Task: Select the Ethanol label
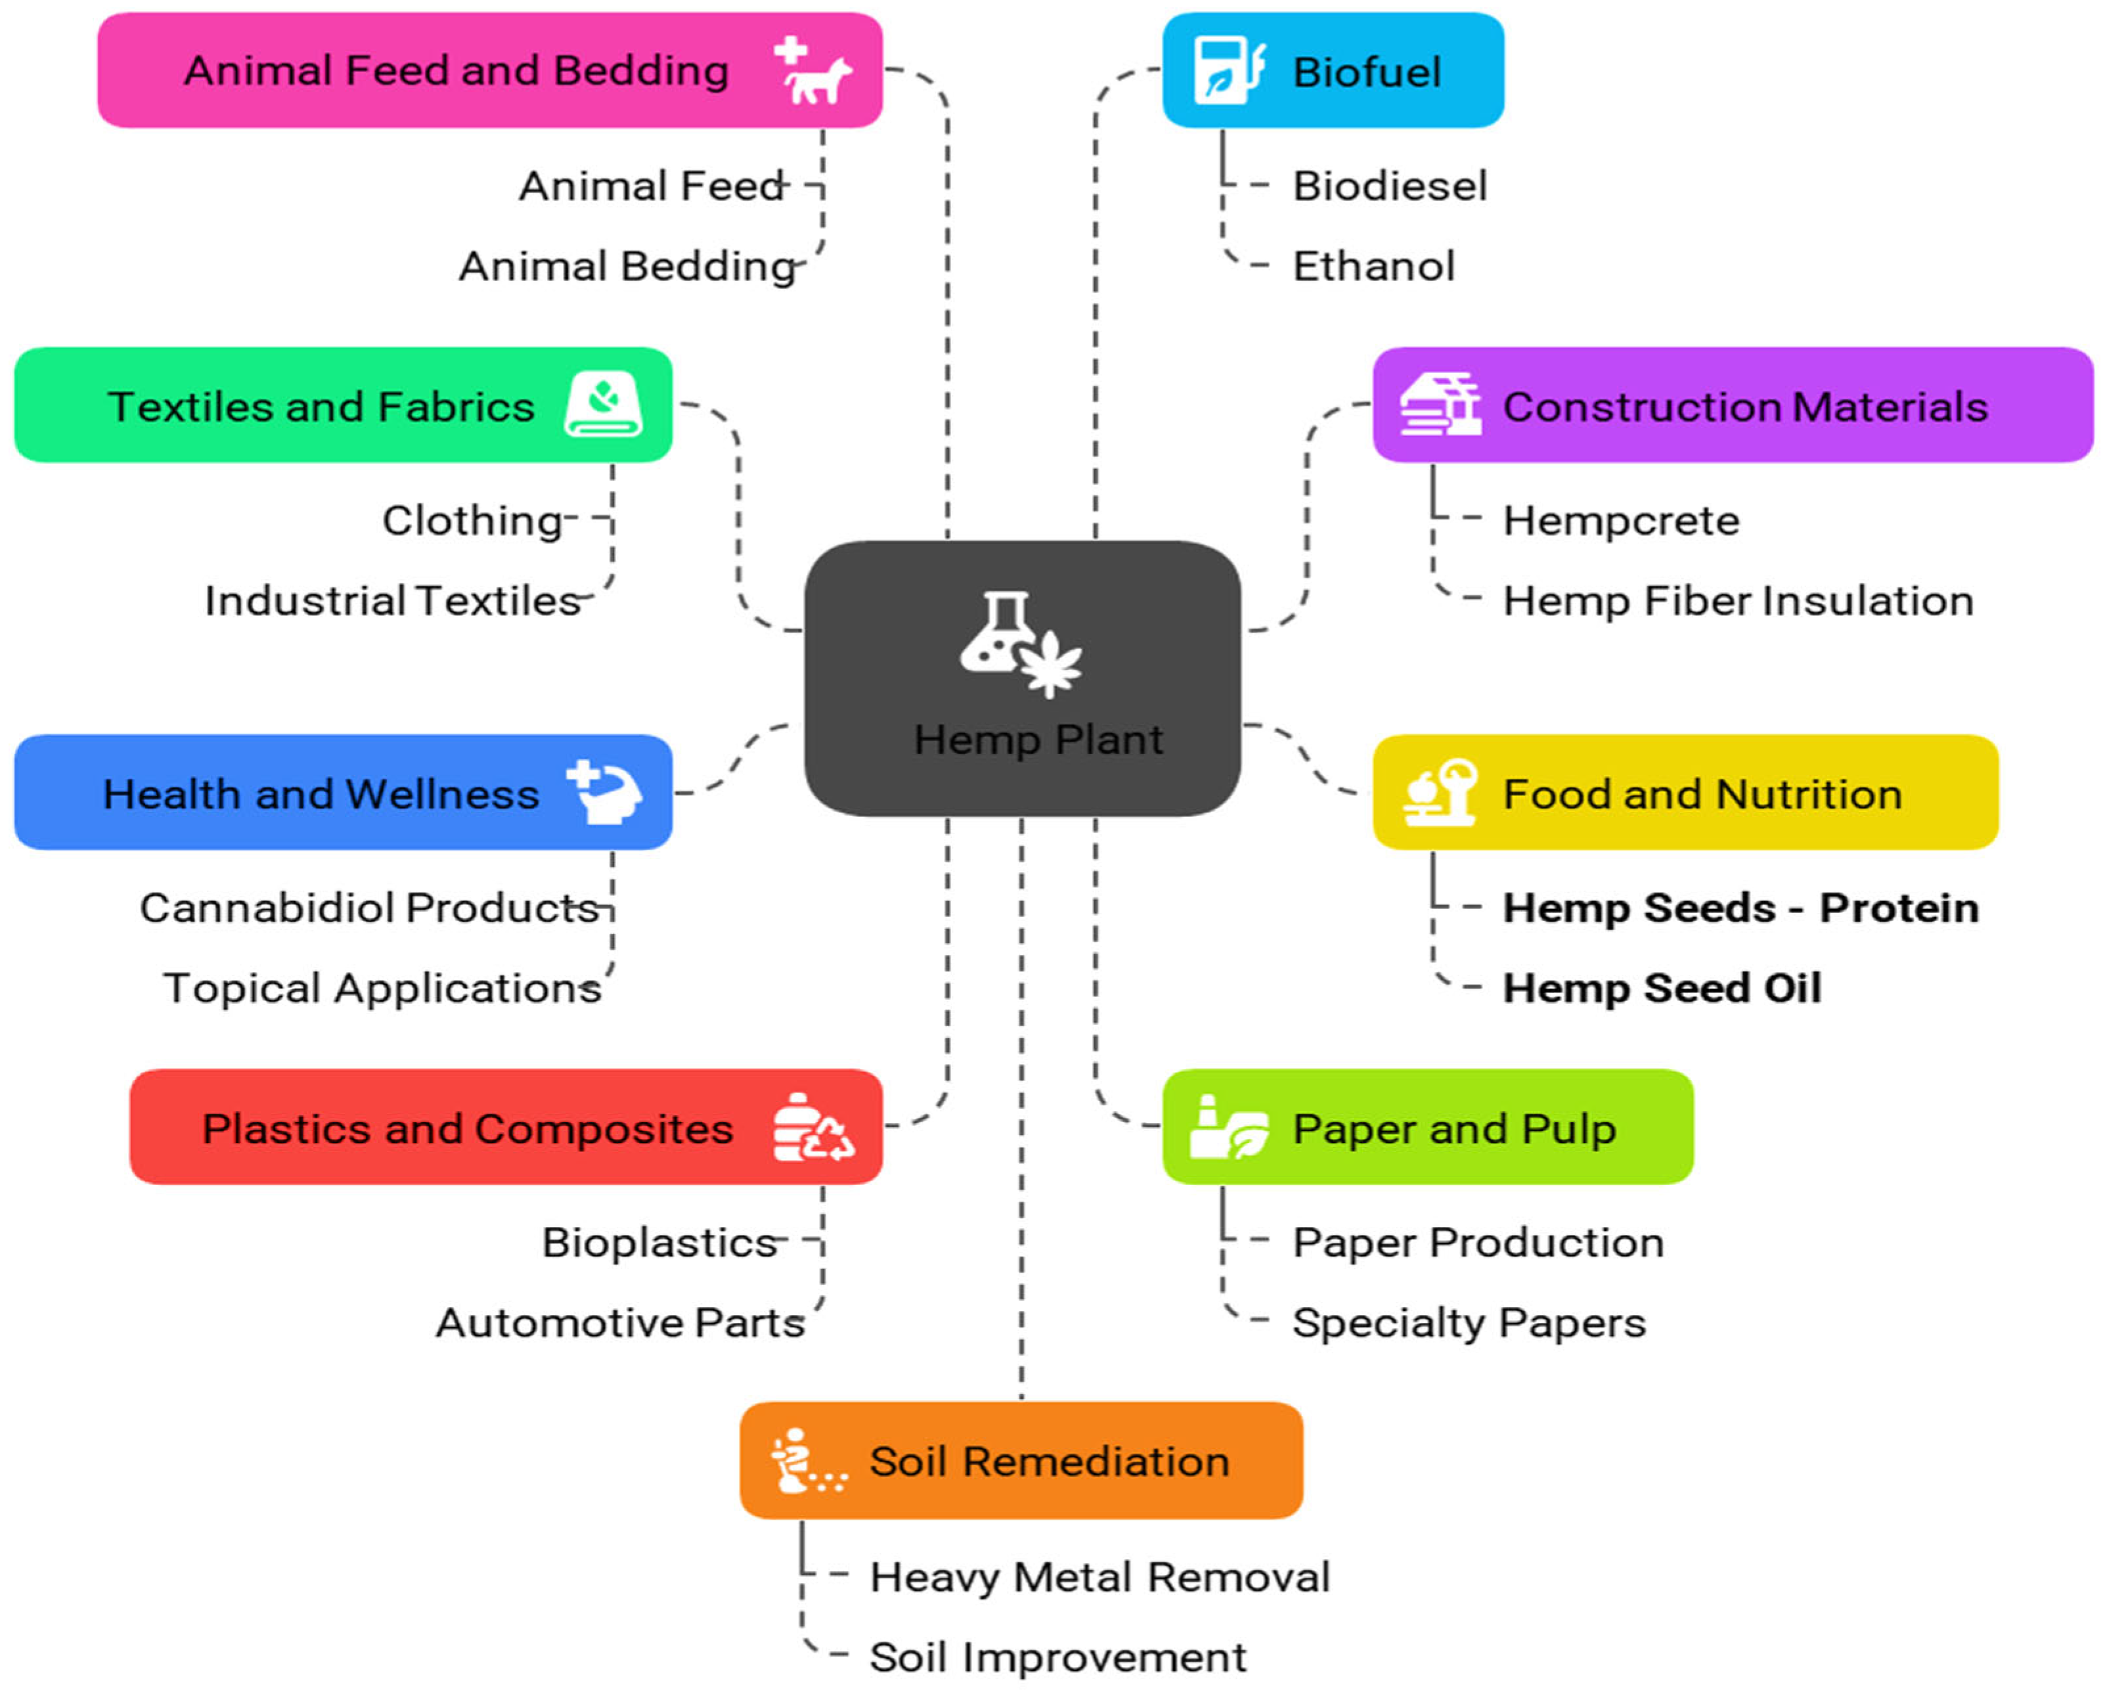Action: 1373,266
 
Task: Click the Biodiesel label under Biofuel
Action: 1388,186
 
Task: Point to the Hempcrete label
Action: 1620,520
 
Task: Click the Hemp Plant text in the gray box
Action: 1038,739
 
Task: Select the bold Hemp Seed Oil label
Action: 1661,987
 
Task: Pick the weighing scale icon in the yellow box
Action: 1440,793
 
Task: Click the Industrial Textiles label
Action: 392,600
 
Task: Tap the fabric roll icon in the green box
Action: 603,404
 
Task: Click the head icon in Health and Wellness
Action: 605,793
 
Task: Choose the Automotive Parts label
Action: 619,1322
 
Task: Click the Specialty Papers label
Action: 1468,1322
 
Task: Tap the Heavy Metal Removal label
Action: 1099,1576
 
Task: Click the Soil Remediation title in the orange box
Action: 1049,1461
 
